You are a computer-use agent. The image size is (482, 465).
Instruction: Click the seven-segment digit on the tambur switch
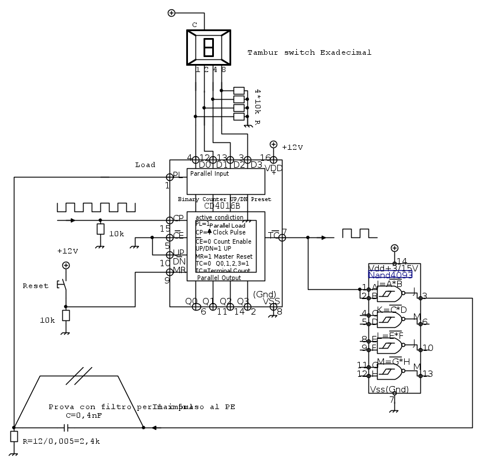pyautogui.click(x=209, y=47)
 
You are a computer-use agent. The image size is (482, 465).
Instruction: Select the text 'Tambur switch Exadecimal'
pyautogui.click(x=309, y=52)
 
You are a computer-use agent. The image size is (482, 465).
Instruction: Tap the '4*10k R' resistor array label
pyautogui.click(x=257, y=107)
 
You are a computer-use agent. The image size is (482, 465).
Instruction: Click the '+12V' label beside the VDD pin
pyautogui.click(x=292, y=148)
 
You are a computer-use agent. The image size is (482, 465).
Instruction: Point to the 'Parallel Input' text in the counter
pyautogui.click(x=209, y=173)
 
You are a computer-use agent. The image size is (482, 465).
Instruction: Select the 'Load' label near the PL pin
pyautogui.click(x=145, y=165)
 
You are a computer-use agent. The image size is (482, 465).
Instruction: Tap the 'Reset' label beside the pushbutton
pyautogui.click(x=36, y=286)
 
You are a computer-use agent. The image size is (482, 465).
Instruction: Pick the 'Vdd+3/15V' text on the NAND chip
pyautogui.click(x=393, y=269)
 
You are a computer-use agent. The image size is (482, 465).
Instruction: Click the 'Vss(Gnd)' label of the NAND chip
pyautogui.click(x=389, y=390)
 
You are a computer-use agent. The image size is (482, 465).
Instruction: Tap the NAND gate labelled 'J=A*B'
pyautogui.click(x=389, y=294)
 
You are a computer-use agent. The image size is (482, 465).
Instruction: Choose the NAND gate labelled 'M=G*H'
pyautogui.click(x=389, y=372)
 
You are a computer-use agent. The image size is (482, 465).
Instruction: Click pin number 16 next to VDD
pyautogui.click(x=265, y=157)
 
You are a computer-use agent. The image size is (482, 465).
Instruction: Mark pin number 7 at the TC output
pyautogui.click(x=284, y=232)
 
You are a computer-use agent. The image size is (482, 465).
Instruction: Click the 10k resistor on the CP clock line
pyautogui.click(x=100, y=229)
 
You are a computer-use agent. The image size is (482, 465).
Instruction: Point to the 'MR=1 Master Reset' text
pyautogui.click(x=224, y=256)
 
